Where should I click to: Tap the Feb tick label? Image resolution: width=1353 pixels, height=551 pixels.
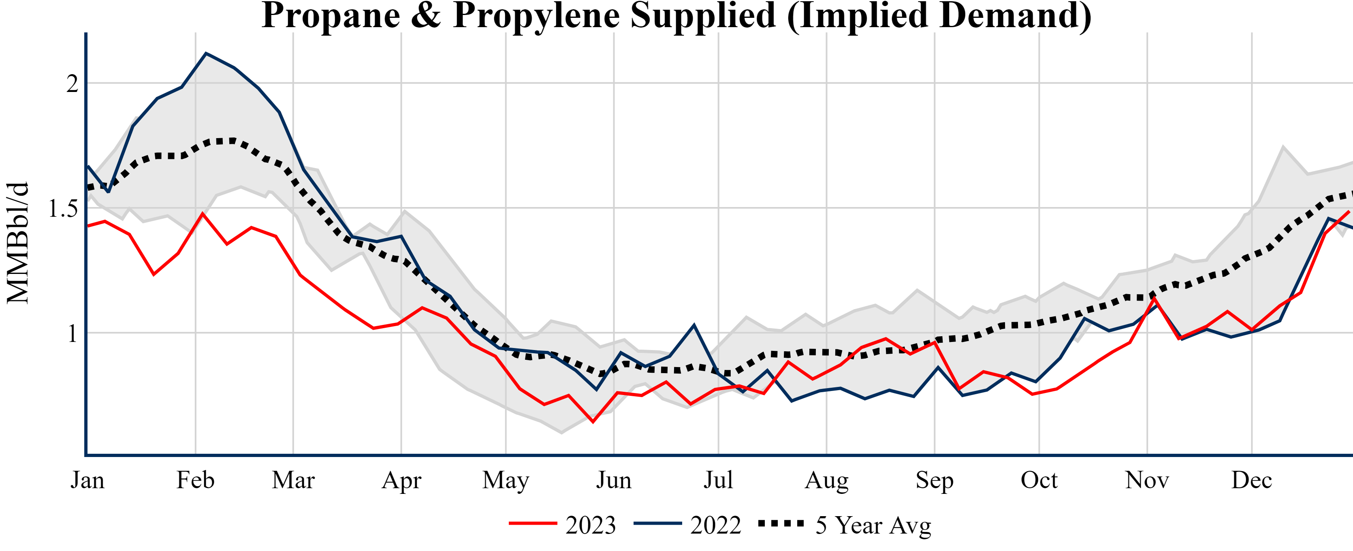pyautogui.click(x=195, y=481)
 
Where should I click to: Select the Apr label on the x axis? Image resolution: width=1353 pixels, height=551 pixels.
pyautogui.click(x=401, y=481)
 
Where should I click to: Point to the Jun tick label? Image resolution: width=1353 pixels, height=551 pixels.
pyautogui.click(x=613, y=481)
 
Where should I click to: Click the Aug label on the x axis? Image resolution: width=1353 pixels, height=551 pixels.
pyautogui.click(x=826, y=481)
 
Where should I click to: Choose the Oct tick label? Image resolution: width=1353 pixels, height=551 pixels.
pyautogui.click(x=1039, y=481)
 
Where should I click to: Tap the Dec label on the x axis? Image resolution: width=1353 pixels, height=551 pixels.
pyautogui.click(x=1252, y=481)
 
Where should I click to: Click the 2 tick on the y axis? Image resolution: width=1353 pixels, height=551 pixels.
pyautogui.click(x=72, y=83)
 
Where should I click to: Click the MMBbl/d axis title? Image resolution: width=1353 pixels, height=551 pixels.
pyautogui.click(x=18, y=243)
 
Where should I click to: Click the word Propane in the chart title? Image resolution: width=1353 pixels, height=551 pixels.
pyautogui.click(x=331, y=16)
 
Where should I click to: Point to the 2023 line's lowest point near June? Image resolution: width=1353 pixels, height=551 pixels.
pyautogui.click(x=593, y=422)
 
